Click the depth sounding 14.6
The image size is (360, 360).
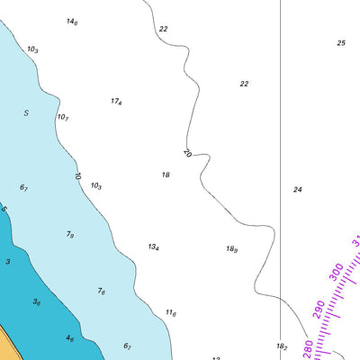72,21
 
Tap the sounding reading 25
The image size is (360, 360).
341,43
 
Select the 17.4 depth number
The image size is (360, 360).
116,102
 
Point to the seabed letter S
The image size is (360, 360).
26,112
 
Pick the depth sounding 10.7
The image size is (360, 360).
63,117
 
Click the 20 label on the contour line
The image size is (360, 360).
187,154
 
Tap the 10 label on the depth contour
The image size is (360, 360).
77,176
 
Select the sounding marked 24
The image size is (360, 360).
297,190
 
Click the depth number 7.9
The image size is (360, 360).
70,234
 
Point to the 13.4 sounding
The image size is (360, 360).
154,247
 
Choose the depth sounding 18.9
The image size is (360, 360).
231,249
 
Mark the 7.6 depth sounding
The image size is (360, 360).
102,292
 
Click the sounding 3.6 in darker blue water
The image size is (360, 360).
37,302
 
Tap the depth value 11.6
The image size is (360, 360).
170,313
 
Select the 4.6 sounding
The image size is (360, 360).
69,338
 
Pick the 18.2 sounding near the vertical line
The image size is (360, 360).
282,346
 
